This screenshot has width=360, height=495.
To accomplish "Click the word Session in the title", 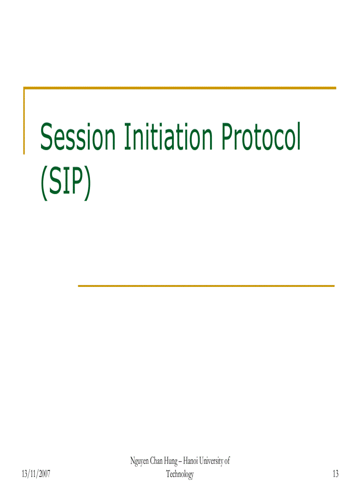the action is [78, 136].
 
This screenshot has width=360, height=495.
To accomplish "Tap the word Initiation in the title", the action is [168, 136].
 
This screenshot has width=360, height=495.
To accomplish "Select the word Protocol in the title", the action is [260, 136].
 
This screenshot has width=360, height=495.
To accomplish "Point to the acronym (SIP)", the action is [65, 182].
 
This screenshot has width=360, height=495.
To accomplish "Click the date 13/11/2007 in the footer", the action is [36, 474].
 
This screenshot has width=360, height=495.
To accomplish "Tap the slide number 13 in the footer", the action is [335, 473].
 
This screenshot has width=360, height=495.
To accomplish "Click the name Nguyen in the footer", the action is [139, 461].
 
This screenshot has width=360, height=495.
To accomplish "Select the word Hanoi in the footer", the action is [190, 461].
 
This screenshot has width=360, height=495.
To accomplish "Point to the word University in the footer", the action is [211, 461].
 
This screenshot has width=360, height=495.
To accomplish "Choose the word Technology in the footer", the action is [180, 474].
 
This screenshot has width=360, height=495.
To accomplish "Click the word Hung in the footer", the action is [171, 461].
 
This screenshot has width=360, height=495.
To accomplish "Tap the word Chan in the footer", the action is [156, 461].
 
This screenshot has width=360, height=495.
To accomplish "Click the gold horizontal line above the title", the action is [180, 88].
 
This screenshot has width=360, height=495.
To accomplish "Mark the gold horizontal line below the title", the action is [206, 286].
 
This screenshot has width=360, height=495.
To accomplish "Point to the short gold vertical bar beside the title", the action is [24, 121].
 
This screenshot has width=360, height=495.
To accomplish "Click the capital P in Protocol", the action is [228, 136].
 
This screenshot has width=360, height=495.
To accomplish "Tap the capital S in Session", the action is [47, 136].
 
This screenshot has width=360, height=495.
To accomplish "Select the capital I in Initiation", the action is [127, 136].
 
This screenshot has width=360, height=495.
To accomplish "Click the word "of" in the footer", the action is [227, 461].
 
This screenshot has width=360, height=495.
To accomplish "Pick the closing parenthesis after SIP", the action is [87, 183].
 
